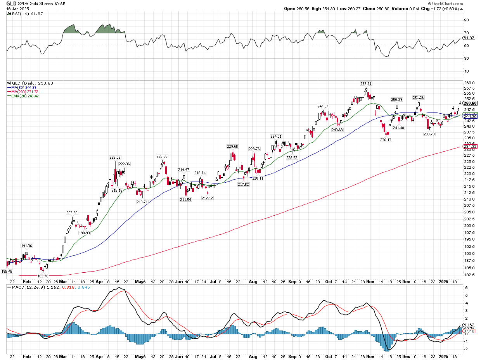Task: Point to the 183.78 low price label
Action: click(43, 275)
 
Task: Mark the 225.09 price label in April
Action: click(115, 157)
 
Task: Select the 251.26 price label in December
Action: click(418, 97)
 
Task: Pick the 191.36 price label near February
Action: click(26, 246)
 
